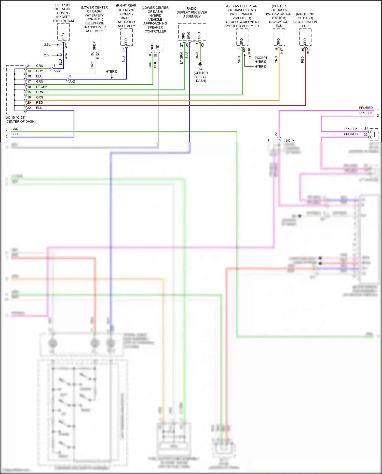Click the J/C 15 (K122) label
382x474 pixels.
pos(15,118)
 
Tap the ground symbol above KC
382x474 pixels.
pos(200,64)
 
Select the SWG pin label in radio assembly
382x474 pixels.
pos(189,35)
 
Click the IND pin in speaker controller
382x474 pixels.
pos(157,47)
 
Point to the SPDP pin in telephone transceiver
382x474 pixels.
pos(94,46)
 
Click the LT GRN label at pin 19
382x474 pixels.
pos(42,87)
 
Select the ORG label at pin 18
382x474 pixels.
pos(39,97)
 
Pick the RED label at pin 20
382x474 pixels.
pos(39,103)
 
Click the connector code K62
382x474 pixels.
pos(308,51)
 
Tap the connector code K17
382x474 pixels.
pos(282,51)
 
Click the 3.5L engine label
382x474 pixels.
pos(47,45)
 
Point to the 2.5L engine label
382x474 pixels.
pos(47,55)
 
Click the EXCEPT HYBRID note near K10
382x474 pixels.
pos(261,60)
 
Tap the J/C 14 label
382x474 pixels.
pos(290,141)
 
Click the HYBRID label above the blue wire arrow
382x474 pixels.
pos(112,72)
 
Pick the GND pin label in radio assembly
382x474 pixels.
pos(199,36)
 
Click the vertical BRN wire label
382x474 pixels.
pos(197,56)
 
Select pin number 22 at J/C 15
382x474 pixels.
pos(29,108)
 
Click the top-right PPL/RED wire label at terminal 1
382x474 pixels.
pos(365,108)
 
